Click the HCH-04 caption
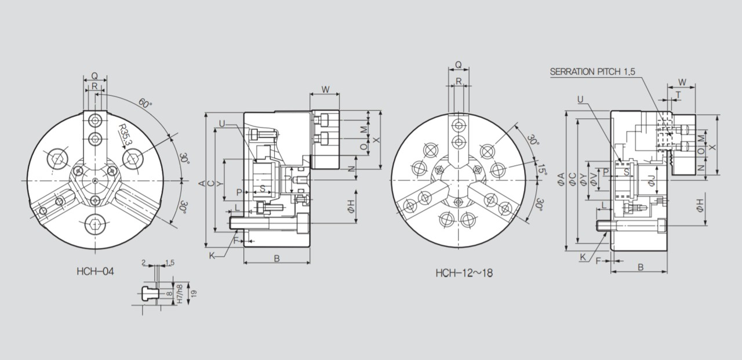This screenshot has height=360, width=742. pos(95,271)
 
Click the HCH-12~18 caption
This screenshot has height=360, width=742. pos(464,272)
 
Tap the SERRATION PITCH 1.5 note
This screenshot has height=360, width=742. pos(592,72)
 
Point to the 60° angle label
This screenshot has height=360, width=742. pos(145,103)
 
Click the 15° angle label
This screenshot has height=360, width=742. pos(541,170)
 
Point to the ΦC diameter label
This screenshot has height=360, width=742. pos(572,179)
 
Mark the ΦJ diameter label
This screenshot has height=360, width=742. pos(652,181)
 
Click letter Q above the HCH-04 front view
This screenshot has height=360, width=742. pos(94,76)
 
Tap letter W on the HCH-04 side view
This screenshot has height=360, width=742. pos(325,89)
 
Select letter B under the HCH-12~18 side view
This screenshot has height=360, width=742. pos(640,267)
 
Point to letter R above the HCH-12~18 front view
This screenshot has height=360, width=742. pos(459,82)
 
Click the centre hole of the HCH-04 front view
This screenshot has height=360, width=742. pos(94,181)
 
